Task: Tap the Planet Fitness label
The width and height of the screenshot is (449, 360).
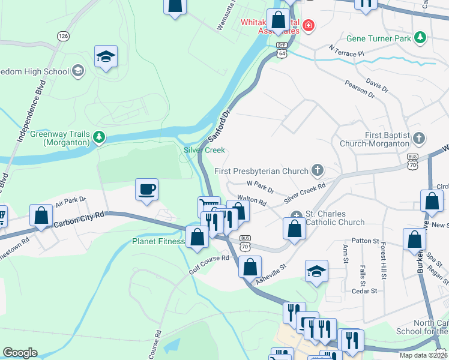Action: [x=158, y=242]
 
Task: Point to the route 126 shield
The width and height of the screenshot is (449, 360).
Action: [x=63, y=36]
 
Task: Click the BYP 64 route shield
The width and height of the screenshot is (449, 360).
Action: [x=282, y=50]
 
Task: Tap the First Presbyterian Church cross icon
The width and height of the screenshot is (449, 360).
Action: [x=317, y=171]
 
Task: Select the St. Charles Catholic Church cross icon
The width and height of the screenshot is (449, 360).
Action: [x=296, y=216]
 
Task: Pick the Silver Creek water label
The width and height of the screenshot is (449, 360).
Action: [x=204, y=150]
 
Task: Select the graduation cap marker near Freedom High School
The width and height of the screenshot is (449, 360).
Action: [x=106, y=57]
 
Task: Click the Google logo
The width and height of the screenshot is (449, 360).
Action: [x=20, y=353]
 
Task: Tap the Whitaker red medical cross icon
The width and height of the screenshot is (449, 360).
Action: [x=308, y=25]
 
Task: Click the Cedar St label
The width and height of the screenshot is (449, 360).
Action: [x=364, y=290]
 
